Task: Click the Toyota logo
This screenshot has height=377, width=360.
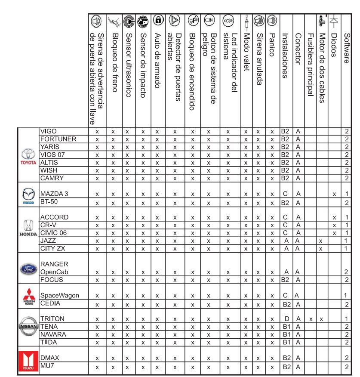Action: click(28, 155)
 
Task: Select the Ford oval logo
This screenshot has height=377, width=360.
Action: click(28, 269)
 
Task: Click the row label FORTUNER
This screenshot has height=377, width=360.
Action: click(58, 139)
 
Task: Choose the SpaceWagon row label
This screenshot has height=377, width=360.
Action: click(59, 296)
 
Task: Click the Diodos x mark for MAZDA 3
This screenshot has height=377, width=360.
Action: click(334, 195)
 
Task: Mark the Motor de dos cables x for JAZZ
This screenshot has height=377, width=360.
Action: click(321, 241)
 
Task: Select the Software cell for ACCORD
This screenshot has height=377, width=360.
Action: click(346, 218)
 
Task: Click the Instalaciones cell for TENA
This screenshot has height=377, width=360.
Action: click(286, 327)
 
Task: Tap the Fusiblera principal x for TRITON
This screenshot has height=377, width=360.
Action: click(311, 319)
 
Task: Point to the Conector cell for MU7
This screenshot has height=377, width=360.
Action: click(298, 367)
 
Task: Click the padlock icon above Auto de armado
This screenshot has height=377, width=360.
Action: click(158, 20)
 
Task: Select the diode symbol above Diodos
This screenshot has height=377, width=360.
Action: click(335, 20)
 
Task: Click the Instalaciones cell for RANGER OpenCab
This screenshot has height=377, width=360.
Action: click(286, 272)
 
